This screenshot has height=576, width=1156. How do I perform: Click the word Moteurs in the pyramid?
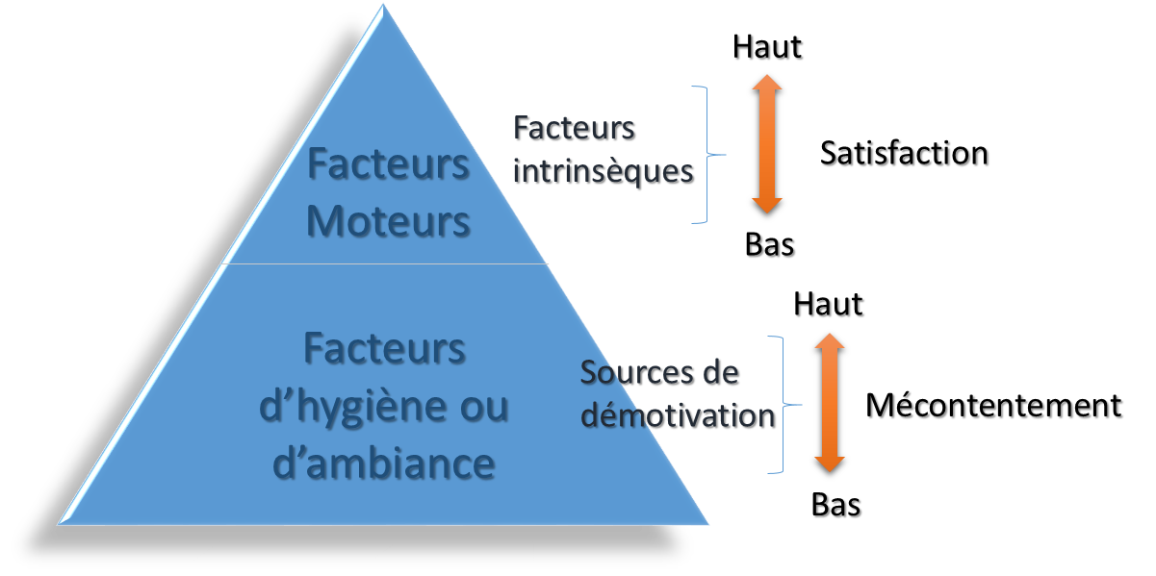tap(388, 221)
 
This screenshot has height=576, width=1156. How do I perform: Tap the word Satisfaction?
tap(904, 153)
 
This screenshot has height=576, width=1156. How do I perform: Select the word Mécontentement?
tap(993, 405)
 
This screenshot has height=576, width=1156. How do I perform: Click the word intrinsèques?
tap(603, 172)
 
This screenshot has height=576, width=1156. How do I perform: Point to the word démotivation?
tap(678, 415)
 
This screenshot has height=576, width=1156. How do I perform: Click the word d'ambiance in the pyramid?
tap(383, 463)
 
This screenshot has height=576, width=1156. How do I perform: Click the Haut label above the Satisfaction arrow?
tap(767, 47)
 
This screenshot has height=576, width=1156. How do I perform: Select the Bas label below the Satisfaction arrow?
tap(769, 244)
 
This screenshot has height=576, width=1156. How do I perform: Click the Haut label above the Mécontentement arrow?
tap(828, 304)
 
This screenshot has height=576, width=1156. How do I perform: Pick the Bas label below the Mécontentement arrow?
tap(835, 504)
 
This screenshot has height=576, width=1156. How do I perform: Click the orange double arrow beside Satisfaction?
tap(767, 144)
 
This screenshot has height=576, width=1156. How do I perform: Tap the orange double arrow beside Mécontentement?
tap(830, 403)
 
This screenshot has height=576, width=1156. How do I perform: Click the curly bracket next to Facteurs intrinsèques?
tap(707, 154)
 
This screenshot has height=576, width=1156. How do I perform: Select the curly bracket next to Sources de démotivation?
tap(784, 405)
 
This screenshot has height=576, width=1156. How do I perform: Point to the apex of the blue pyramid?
tap(383, 5)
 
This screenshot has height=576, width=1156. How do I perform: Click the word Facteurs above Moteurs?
tap(388, 164)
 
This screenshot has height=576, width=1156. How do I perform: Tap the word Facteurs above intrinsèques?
tap(574, 128)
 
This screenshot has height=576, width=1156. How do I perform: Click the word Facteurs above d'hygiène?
tap(384, 349)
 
